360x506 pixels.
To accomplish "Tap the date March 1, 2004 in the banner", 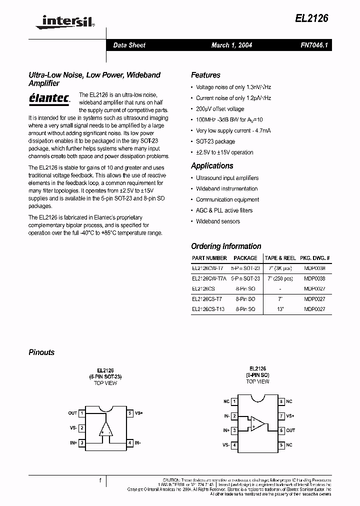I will click(231, 45).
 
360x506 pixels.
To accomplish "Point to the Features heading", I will click(205, 75).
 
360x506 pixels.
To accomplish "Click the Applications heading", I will click(212, 165).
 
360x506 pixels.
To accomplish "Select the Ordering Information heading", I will click(226, 246).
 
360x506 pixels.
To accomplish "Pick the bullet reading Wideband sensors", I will click(217, 221).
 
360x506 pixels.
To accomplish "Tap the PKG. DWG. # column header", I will click(314, 258).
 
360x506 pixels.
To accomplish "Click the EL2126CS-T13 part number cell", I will click(208, 309).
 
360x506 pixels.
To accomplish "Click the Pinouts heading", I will click(41, 352).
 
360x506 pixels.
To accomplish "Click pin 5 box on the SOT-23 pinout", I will click(129, 413).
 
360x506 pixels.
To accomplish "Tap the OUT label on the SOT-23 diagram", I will click(72, 413).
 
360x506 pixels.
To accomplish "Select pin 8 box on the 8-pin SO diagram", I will click(281, 401).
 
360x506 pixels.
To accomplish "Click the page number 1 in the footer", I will click(100, 480).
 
